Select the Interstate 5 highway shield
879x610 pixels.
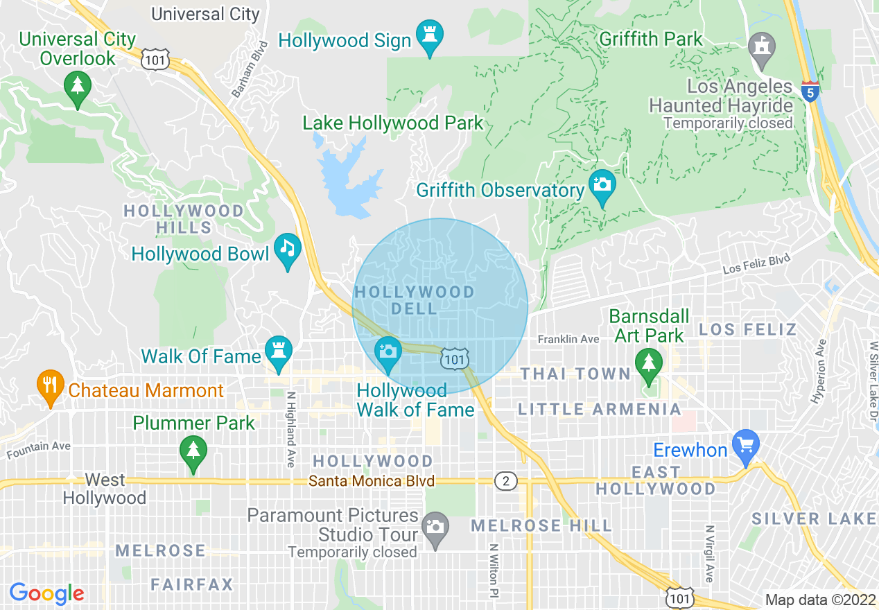[x=810, y=91]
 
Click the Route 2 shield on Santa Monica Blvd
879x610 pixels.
[x=506, y=481]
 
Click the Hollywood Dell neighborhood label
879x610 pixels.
[x=415, y=301]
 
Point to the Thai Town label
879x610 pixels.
[x=575, y=374]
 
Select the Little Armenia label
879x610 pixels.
[x=600, y=409]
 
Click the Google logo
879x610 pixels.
[x=46, y=593]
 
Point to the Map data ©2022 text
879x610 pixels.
[x=820, y=600]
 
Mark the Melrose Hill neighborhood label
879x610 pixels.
[x=541, y=525]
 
